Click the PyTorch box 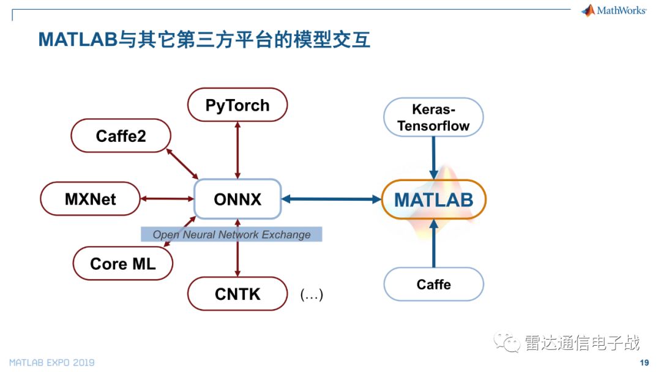[x=237, y=105]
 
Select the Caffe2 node [x=121, y=136]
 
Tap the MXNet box [x=90, y=199]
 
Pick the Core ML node [x=122, y=264]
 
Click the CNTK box [x=237, y=294]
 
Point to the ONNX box [x=237, y=199]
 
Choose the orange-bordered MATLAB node [x=434, y=199]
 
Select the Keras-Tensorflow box [x=433, y=117]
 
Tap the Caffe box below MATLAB [x=434, y=285]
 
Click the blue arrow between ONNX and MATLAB [x=331, y=199]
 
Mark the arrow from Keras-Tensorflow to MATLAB [x=433, y=158]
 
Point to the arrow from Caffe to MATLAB [x=434, y=243]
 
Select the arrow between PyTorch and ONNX [x=237, y=151]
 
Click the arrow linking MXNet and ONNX [x=167, y=199]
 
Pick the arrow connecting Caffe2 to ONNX [x=182, y=164]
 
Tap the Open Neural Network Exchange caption [x=231, y=234]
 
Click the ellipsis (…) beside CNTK [x=312, y=294]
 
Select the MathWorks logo [x=613, y=10]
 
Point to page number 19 [x=644, y=362]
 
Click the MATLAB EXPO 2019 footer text [x=52, y=362]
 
